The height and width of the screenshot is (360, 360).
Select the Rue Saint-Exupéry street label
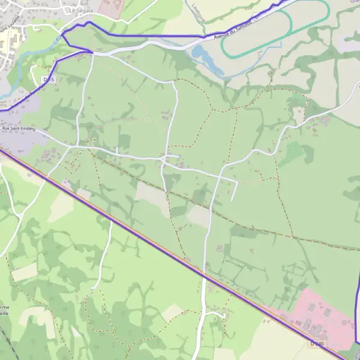(19, 128)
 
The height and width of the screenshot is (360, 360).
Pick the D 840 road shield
(317, 344)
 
